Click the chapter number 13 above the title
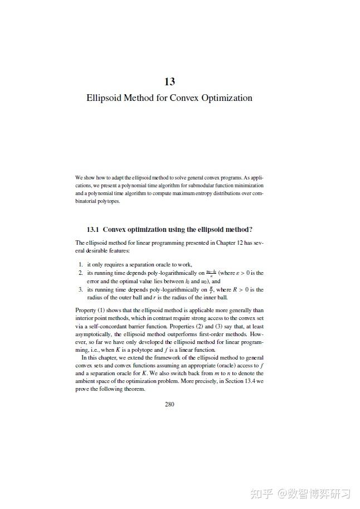pyautogui.click(x=169, y=81)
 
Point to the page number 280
pyautogui.click(x=169, y=404)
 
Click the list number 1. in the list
pyautogui.click(x=81, y=264)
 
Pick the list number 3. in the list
pyautogui.click(x=81, y=290)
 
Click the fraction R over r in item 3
pyautogui.click(x=211, y=289)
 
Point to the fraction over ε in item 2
pyautogui.click(x=211, y=273)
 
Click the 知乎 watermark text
pyautogui.click(x=262, y=494)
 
